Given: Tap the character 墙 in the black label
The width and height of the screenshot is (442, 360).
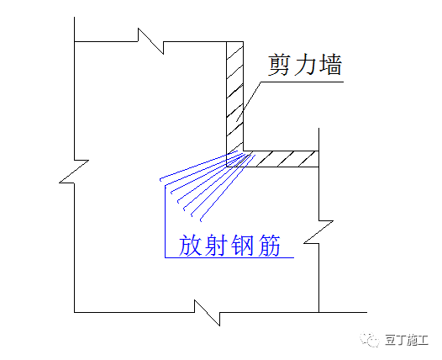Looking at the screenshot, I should click(329, 65).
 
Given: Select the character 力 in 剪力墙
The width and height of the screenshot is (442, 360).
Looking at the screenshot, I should click(305, 65).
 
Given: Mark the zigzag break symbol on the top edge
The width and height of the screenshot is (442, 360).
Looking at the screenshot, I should click(145, 39).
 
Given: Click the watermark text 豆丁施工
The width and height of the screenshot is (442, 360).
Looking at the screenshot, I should click(405, 339).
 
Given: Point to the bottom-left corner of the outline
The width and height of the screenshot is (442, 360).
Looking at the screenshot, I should click(76, 310).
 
